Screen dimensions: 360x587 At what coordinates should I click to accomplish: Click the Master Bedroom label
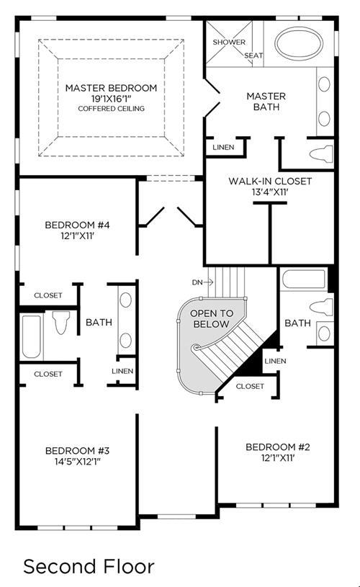pyautogui.click(x=111, y=88)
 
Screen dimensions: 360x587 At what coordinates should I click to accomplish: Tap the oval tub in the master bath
pyautogui.click(x=299, y=42)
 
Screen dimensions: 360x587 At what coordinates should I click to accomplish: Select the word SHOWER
pyautogui.click(x=229, y=42)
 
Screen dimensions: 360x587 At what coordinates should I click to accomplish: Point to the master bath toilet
pyautogui.click(x=321, y=154)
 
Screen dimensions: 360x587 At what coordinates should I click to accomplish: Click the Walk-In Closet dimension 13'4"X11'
pyautogui.click(x=270, y=192)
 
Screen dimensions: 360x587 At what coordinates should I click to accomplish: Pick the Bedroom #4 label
pyautogui.click(x=77, y=225)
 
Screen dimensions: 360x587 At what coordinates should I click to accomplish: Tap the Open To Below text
pyautogui.click(x=212, y=318)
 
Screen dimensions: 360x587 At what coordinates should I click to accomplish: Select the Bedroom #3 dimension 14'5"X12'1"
pyautogui.click(x=78, y=461)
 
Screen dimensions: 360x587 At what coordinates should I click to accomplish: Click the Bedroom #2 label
pyautogui.click(x=278, y=447)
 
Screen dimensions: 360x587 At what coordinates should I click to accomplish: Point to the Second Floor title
pyautogui.click(x=89, y=566)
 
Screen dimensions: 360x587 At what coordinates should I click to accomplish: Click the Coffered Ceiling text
pyautogui.click(x=111, y=109)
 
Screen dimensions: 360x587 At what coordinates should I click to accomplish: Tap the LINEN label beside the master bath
pyautogui.click(x=223, y=147)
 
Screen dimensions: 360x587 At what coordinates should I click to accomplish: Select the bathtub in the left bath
pyautogui.click(x=32, y=337)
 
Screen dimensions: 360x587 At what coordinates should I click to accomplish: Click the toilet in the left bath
pyautogui.click(x=61, y=322)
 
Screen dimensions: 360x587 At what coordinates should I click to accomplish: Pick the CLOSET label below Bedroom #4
pyautogui.click(x=48, y=295)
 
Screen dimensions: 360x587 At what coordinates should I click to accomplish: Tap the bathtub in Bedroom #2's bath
pyautogui.click(x=304, y=279)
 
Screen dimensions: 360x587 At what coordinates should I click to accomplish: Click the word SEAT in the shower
pyautogui.click(x=253, y=55)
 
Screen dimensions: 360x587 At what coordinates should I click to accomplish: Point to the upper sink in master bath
pyautogui.click(x=324, y=84)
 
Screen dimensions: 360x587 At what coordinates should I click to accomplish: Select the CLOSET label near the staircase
pyautogui.click(x=250, y=386)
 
